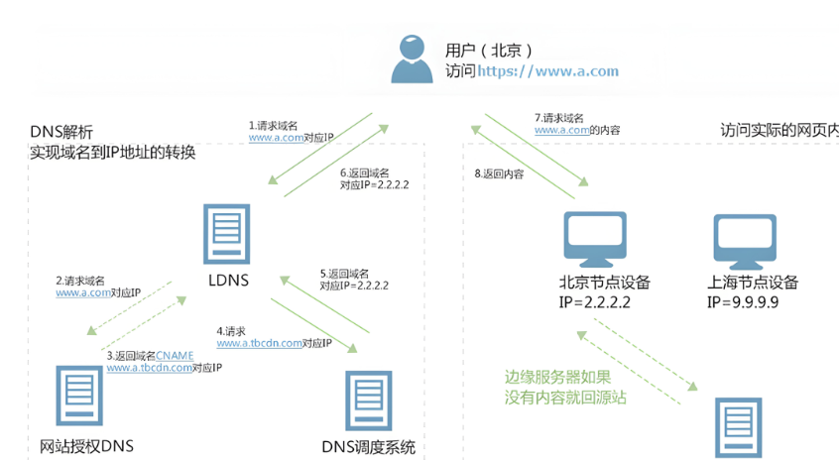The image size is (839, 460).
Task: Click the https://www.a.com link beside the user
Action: [x=547, y=71]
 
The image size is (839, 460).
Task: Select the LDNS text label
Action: [x=226, y=281]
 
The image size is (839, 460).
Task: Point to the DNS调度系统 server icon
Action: [x=368, y=402]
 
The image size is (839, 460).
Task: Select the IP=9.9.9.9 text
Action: [x=743, y=301]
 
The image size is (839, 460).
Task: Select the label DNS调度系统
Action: [x=369, y=447]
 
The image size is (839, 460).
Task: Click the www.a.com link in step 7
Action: [x=560, y=130]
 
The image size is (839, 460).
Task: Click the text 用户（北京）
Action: [x=490, y=50]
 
